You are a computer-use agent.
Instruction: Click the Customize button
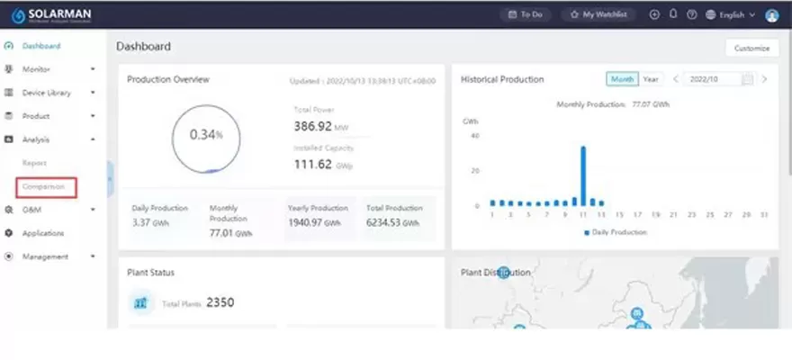click(x=751, y=48)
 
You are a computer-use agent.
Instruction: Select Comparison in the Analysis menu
click(x=44, y=186)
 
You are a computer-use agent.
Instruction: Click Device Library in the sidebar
click(x=46, y=93)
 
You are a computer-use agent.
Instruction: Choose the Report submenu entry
click(x=34, y=163)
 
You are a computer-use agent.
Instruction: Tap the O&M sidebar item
click(x=31, y=210)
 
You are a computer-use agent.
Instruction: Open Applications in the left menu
click(x=42, y=233)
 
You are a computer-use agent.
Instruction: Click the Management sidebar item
click(x=44, y=256)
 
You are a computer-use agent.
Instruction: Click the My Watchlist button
click(x=600, y=14)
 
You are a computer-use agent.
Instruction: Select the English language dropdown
click(x=730, y=14)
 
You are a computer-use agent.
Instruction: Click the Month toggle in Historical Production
click(x=622, y=79)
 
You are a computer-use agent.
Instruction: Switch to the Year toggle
click(x=650, y=79)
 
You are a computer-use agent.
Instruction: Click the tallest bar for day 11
click(x=582, y=176)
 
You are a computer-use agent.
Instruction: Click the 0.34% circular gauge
click(x=206, y=135)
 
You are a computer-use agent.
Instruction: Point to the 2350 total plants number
click(x=220, y=302)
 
